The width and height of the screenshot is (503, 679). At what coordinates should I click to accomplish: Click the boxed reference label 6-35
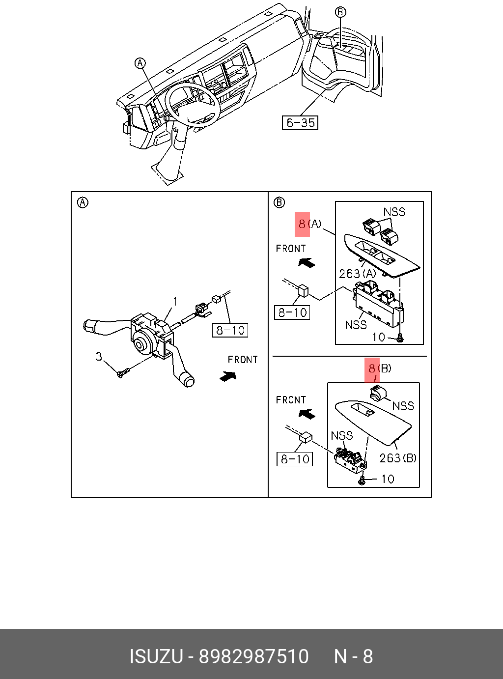[x=300, y=123]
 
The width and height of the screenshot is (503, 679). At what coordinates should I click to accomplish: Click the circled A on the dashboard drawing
[x=140, y=63]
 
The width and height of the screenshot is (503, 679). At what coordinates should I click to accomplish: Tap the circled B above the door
[x=340, y=12]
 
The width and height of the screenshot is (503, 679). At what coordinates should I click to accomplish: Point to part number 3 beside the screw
[x=99, y=356]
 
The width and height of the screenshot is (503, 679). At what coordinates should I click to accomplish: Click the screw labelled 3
[x=122, y=373]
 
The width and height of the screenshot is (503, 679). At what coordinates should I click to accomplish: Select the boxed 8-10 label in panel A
[x=230, y=330]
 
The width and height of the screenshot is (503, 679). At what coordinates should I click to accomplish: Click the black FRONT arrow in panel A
[x=228, y=376]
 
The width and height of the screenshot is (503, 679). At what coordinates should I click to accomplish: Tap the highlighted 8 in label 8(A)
[x=302, y=224]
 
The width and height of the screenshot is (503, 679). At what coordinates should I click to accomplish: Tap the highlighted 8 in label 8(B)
[x=372, y=368]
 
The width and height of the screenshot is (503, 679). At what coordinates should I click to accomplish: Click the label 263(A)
[x=358, y=274]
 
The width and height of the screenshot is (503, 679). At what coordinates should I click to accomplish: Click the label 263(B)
[x=398, y=458]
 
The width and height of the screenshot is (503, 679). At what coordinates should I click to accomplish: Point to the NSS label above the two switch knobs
[x=394, y=212]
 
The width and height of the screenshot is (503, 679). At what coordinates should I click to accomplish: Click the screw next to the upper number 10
[x=400, y=338]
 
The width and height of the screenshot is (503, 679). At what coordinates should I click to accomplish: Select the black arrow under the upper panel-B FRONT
[x=307, y=262]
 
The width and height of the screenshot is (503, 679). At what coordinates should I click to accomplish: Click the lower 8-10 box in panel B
[x=295, y=459]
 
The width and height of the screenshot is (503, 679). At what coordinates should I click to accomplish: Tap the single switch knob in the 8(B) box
[x=378, y=393]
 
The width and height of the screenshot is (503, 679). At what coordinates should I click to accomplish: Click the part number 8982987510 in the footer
[x=253, y=656]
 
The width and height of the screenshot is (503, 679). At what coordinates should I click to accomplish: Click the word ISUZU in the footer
[x=156, y=656]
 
